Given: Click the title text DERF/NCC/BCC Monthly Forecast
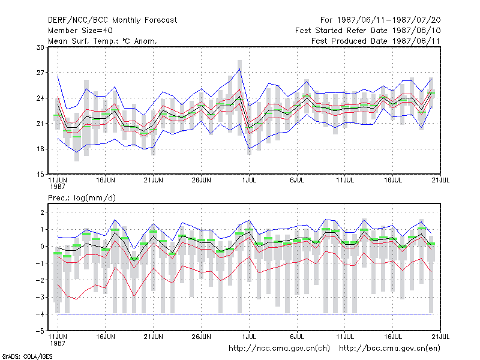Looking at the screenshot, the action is (x=112, y=20).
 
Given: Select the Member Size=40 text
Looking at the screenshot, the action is (x=80, y=31).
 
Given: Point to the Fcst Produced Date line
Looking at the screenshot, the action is (x=376, y=41).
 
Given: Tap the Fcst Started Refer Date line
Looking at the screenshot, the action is (x=368, y=31).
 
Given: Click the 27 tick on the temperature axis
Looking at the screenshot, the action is (x=40, y=73).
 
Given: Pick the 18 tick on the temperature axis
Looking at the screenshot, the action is (x=40, y=149).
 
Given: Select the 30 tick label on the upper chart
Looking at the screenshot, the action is (x=40, y=47).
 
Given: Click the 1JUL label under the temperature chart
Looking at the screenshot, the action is (x=249, y=180).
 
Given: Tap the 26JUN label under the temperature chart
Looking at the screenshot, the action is (x=201, y=180).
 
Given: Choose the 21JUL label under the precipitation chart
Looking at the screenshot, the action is (x=440, y=337).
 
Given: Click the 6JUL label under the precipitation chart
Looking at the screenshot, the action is (x=297, y=337).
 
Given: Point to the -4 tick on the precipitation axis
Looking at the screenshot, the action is (x=40, y=314).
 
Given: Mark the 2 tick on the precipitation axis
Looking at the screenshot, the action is (x=42, y=212).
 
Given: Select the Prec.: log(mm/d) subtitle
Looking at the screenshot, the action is (x=82, y=198).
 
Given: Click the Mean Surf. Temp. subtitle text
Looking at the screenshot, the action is (x=103, y=41).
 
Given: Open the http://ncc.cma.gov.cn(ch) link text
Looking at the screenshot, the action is (x=279, y=349).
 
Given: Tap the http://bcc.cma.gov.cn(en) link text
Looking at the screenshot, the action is (x=389, y=349).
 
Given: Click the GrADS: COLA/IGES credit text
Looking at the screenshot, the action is (x=27, y=356).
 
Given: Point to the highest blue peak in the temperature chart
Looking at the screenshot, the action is (x=239, y=69).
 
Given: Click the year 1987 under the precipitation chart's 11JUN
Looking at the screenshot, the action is (x=58, y=343).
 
